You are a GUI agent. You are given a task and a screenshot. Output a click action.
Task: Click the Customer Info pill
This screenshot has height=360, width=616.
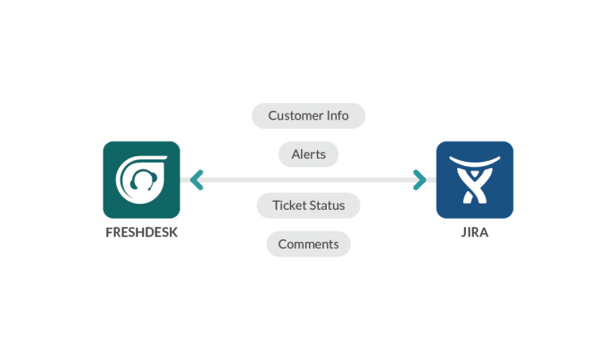click(x=308, y=116)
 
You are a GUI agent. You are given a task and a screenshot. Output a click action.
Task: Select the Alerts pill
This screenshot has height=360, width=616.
click(x=308, y=154)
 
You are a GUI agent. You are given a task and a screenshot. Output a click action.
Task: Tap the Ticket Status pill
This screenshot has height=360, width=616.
click(x=308, y=205)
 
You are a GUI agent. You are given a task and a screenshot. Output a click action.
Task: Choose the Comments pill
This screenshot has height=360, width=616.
click(x=308, y=243)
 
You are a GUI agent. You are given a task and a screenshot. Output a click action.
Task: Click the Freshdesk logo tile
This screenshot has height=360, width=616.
click(x=141, y=180)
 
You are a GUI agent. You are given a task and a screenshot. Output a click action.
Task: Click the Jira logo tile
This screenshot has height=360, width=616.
click(x=474, y=180)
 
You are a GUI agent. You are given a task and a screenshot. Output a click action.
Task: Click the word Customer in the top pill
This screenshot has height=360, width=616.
click(x=296, y=116)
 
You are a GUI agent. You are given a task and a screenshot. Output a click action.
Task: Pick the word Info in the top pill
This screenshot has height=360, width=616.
click(x=337, y=116)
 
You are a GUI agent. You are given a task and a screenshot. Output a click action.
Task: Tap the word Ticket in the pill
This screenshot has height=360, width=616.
click(x=288, y=205)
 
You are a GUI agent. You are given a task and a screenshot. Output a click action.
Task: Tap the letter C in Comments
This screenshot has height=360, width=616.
click(x=282, y=243)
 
